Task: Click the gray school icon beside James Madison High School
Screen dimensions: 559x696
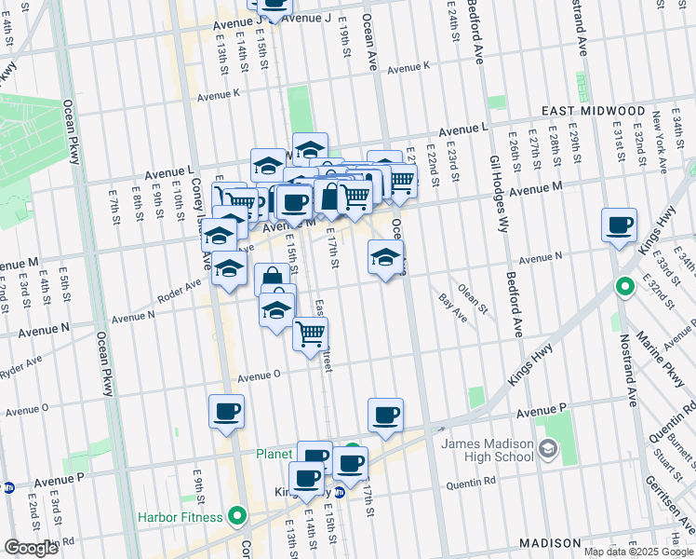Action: pos(549,450)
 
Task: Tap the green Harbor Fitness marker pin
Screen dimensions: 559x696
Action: pos(237,515)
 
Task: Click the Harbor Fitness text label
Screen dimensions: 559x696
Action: pos(181,516)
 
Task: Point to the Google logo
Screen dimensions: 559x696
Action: pos(31,548)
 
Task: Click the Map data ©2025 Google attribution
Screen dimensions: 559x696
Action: pos(637,552)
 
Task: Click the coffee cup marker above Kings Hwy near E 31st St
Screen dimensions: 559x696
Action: pos(619,225)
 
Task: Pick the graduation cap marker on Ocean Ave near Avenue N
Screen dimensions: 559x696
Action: pos(385,257)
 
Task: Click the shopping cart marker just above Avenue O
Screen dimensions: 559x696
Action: pos(310,334)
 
